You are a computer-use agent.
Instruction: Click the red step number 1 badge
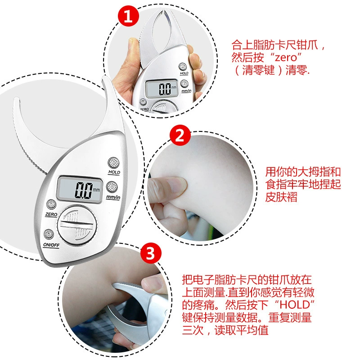pos(128,16)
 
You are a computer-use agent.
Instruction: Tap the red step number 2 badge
pos(180,135)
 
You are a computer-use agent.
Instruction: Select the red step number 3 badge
pos(151,253)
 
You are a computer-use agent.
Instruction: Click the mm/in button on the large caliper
pos(112,187)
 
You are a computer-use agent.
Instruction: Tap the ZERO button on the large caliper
pos(51,204)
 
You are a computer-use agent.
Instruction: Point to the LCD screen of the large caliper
pos(80,189)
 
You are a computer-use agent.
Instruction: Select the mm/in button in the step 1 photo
pos(184,84)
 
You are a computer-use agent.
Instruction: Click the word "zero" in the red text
pos(286,57)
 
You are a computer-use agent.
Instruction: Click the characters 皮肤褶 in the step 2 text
pos(281,197)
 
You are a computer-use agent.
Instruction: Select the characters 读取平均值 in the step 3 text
pos(241,330)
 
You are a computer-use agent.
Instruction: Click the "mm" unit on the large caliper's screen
pos(96,189)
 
